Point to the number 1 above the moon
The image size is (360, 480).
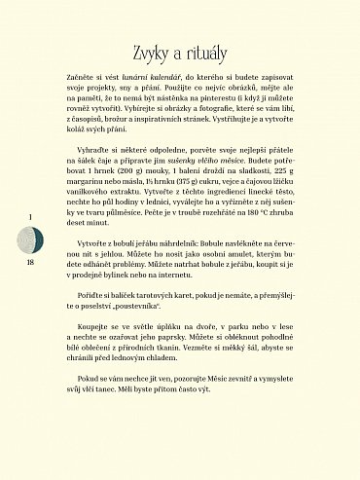30,216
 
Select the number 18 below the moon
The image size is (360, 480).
30,263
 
